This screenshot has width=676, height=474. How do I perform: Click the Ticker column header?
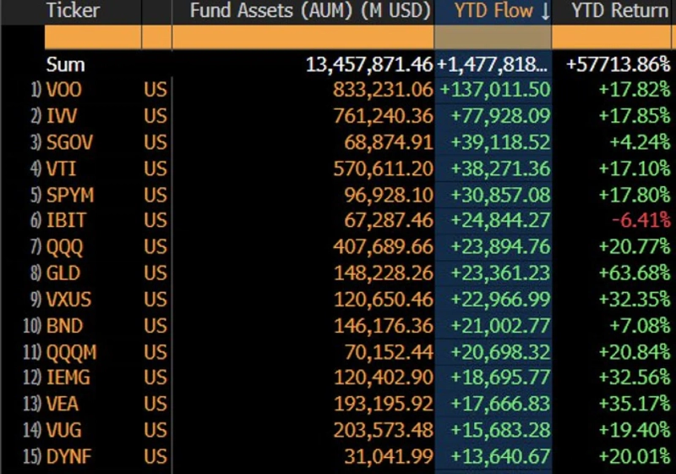[73, 11]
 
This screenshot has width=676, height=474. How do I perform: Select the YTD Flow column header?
[494, 11]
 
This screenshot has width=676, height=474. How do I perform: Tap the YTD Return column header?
[619, 11]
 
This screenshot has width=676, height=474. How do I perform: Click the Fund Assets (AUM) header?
[310, 11]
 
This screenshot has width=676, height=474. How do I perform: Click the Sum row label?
[66, 64]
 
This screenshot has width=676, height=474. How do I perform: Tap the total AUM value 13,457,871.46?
[369, 64]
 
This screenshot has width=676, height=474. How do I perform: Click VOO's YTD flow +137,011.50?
[494, 91]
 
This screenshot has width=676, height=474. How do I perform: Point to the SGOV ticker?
[69, 143]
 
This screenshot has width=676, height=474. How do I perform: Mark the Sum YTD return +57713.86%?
[620, 64]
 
